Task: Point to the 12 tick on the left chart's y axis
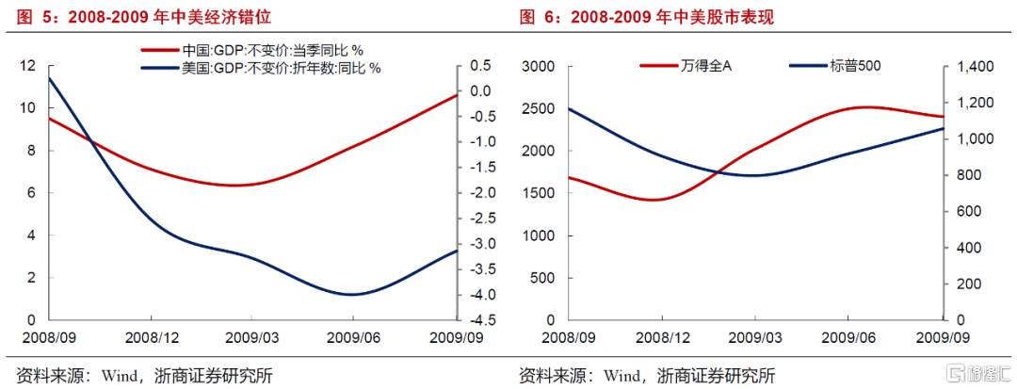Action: pyautogui.click(x=27, y=66)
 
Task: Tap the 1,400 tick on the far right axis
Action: pyautogui.click(x=970, y=66)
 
